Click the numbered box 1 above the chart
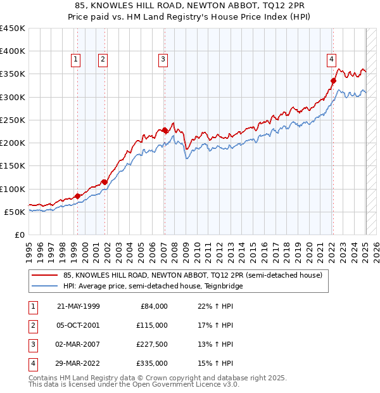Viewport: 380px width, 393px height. tap(75, 60)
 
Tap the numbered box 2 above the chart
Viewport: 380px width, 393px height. tap(102, 60)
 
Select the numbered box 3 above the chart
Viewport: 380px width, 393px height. tap(163, 60)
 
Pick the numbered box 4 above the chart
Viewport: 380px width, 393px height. tap(331, 60)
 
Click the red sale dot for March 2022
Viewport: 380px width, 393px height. tap(333, 81)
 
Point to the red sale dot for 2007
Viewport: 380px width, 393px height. tap(165, 130)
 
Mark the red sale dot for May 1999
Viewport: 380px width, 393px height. tap(77, 196)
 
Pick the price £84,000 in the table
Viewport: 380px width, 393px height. tap(155, 306)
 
